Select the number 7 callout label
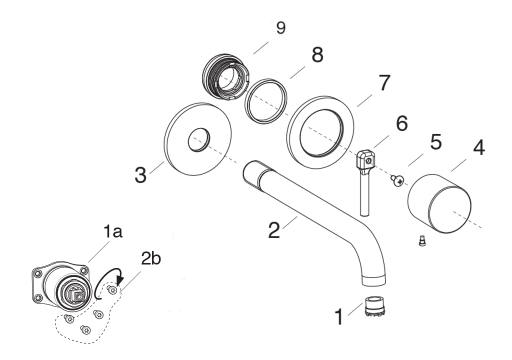pos(382,83)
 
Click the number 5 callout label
pos(435,142)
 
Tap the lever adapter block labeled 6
pos(365,160)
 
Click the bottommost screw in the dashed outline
pos(86,329)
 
